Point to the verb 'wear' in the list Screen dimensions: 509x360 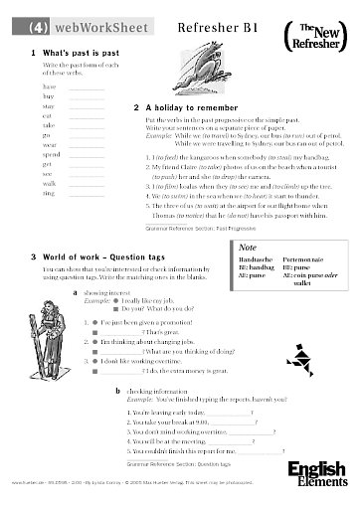coord(51,144)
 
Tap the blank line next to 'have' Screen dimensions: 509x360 coord(87,87)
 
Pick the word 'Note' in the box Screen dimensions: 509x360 coord(250,247)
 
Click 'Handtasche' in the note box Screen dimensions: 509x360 coord(257,260)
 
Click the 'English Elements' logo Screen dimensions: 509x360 coord(317,471)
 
